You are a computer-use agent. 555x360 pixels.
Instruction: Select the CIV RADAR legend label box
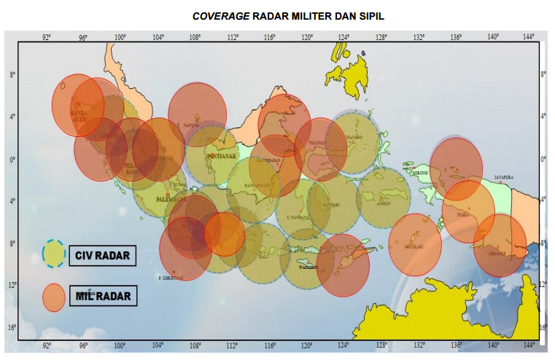102,256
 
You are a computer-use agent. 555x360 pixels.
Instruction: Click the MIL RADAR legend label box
102,296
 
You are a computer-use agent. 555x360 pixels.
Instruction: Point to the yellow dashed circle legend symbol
54,252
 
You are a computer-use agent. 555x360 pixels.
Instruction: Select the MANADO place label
353,136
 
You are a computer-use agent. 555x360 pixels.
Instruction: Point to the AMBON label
384,203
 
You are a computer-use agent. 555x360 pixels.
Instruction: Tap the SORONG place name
421,173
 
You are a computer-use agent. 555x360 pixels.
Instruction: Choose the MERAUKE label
499,253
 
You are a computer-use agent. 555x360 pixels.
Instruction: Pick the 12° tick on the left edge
12,284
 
